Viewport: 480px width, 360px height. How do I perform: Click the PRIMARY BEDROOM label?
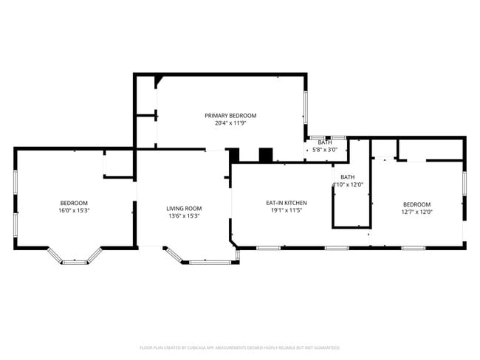click(230, 116)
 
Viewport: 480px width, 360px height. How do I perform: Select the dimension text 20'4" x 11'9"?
click(230, 123)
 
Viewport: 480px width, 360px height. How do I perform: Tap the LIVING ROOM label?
click(183, 208)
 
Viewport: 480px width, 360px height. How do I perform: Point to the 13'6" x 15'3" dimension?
click(183, 215)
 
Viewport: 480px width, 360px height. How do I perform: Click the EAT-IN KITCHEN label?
click(287, 203)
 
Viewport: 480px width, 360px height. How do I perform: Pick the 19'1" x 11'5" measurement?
click(287, 210)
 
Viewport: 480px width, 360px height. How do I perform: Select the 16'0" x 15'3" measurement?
click(74, 210)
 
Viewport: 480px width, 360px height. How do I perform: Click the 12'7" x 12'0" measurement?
click(416, 212)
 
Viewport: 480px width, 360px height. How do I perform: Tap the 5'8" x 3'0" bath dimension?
click(325, 150)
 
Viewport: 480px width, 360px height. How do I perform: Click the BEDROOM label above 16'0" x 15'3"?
click(74, 203)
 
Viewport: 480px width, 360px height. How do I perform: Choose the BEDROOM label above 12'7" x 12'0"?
click(416, 204)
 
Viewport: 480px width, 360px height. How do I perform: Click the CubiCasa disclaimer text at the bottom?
click(239, 347)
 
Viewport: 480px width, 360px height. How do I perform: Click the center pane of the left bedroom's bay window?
click(74, 262)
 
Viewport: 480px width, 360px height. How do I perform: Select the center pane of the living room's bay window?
click(202, 262)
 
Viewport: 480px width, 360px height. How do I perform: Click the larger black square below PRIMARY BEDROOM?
click(266, 154)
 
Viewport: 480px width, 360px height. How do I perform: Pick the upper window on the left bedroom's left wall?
click(16, 181)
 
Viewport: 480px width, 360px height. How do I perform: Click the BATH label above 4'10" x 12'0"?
click(347, 177)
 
